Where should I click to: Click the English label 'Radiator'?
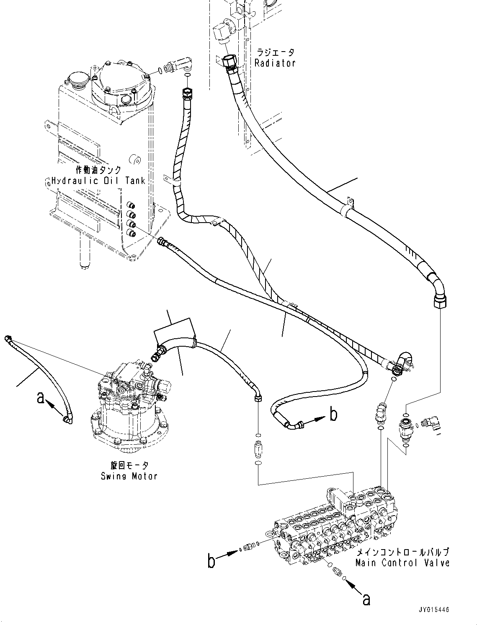(275, 63)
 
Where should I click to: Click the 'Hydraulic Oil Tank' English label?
(98, 181)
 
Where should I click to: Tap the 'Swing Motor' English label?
(129, 476)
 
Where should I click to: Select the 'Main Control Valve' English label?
(402, 563)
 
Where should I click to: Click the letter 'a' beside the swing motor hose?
(41, 397)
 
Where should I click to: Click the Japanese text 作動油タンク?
(98, 170)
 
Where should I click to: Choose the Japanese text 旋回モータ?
(129, 465)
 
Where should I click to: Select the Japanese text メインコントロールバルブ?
(402, 552)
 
